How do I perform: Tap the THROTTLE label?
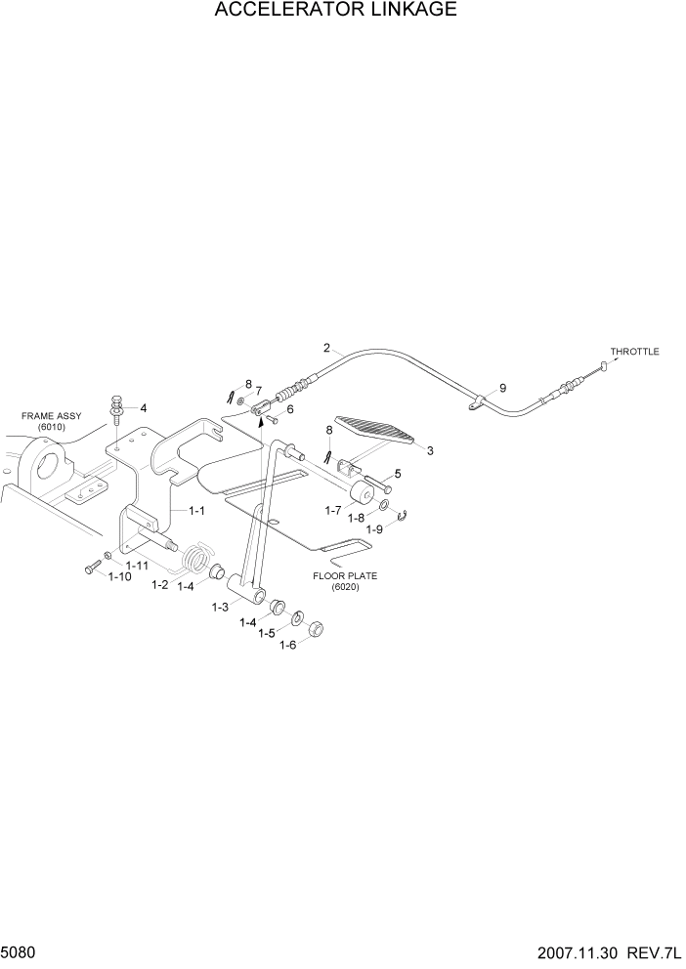click(x=634, y=352)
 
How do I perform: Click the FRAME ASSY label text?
click(x=48, y=416)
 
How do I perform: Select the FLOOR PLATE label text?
click(x=344, y=576)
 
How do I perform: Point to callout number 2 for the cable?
click(x=326, y=348)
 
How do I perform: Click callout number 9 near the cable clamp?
click(x=502, y=388)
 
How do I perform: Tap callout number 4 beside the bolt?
click(x=143, y=408)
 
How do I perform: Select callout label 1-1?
click(x=195, y=510)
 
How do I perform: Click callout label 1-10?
click(x=119, y=577)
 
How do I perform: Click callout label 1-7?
click(x=333, y=510)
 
